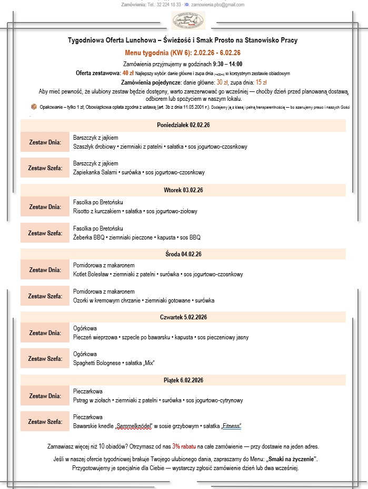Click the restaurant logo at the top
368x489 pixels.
[188, 21]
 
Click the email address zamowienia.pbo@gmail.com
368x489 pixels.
[217, 5]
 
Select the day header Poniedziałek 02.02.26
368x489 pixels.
[183, 126]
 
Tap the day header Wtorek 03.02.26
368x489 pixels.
[183, 190]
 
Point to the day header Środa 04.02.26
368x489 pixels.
[183, 254]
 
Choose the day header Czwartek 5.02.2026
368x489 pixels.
[183, 317]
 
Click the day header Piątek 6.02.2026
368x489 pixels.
[183, 380]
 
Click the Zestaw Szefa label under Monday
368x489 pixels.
[45, 168]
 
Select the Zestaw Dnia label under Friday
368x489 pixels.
[45, 396]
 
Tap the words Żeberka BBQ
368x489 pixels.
[86, 237]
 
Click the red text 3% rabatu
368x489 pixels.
[184, 447]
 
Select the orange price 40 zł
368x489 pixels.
[127, 73]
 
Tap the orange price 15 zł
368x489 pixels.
[261, 82]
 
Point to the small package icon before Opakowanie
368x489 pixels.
[34, 107]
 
